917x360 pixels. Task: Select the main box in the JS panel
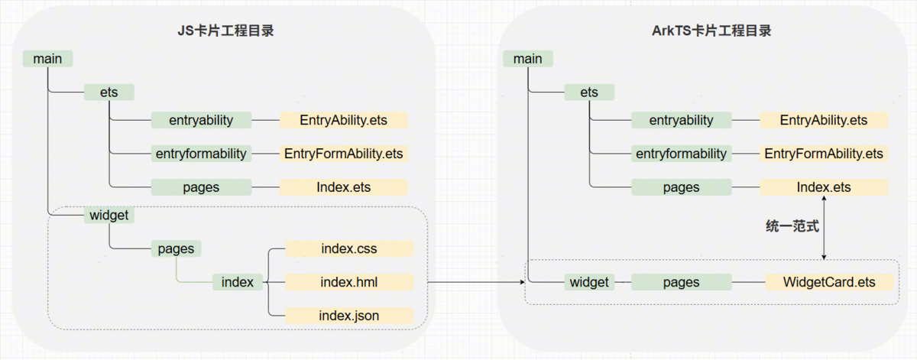tap(47, 59)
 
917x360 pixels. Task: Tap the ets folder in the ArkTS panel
tap(589, 92)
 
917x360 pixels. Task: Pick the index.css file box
tap(348, 248)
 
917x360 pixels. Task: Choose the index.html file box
tap(348, 282)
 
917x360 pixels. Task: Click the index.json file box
tap(348, 315)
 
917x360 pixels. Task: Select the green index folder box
tap(238, 282)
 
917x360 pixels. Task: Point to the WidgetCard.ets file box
tap(828, 282)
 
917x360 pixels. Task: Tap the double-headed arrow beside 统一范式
tap(824, 227)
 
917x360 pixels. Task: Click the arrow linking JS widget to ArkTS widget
tap(474, 282)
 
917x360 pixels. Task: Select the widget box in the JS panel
tap(109, 216)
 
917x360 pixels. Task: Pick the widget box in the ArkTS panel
tap(589, 282)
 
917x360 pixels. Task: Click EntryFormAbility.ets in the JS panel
tap(343, 154)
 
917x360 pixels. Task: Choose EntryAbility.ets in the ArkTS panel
tap(824, 120)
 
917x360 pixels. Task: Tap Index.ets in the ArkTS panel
tap(824, 187)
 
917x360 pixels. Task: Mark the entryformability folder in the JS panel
tap(201, 154)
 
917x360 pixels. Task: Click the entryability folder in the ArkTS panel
tap(681, 120)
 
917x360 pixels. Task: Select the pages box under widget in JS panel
tap(176, 248)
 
